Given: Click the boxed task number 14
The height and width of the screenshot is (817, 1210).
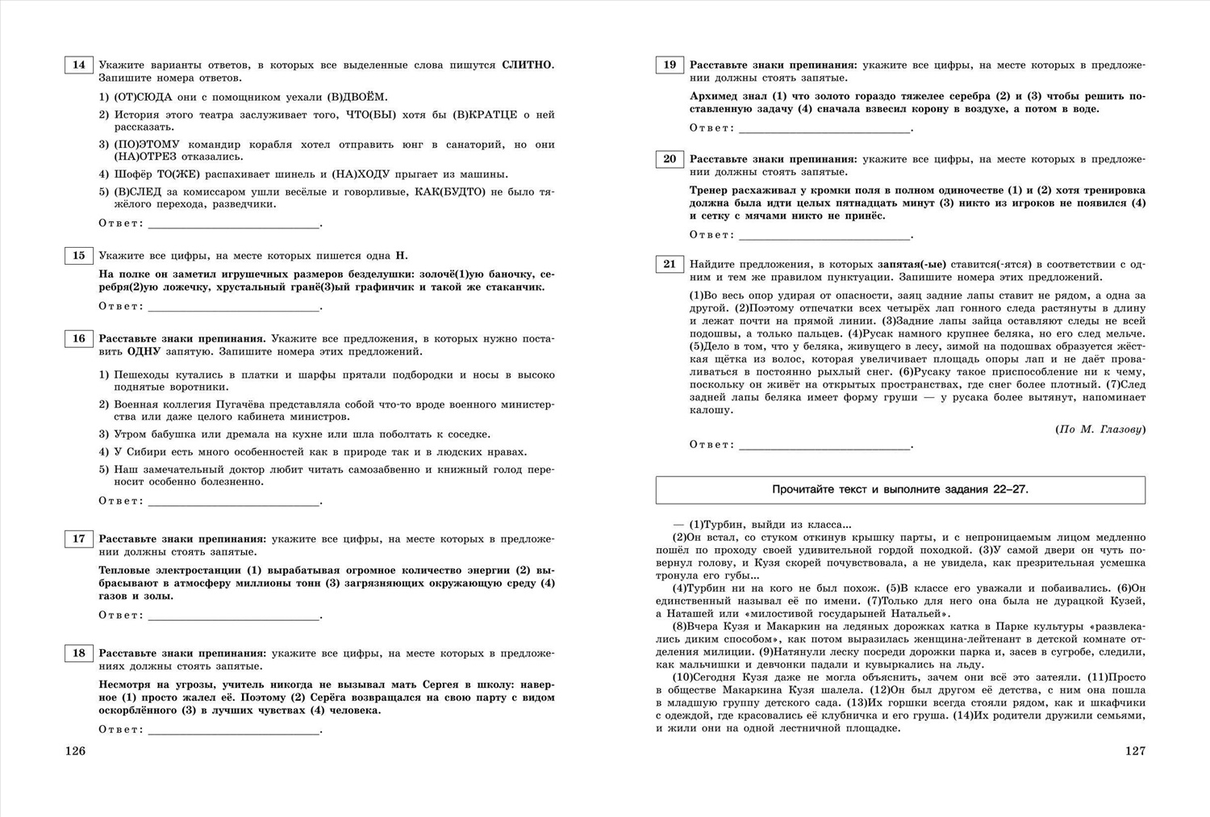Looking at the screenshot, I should [x=78, y=65].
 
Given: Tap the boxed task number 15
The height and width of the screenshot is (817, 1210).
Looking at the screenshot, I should [x=78, y=256].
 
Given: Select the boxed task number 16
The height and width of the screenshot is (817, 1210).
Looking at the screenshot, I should [x=78, y=339].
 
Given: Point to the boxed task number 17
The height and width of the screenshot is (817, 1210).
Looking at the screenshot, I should [x=78, y=538].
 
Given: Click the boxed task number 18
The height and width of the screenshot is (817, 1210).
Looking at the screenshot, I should [x=78, y=653].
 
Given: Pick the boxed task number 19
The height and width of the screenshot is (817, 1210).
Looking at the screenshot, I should [x=670, y=65].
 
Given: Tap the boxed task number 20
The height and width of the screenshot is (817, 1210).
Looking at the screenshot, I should [x=670, y=159].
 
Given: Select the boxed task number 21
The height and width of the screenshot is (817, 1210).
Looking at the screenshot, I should [x=670, y=264].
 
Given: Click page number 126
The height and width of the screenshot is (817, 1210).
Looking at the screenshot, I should [x=75, y=751].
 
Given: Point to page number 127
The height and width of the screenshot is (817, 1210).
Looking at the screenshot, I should [x=1135, y=751].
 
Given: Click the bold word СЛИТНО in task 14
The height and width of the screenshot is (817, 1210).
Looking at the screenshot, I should [x=527, y=65].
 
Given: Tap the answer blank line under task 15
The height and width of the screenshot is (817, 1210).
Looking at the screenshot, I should [x=234, y=308].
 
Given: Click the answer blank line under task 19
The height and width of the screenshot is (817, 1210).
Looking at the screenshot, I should [x=824, y=130].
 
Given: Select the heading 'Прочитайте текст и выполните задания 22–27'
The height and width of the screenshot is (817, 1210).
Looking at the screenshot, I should [x=900, y=489].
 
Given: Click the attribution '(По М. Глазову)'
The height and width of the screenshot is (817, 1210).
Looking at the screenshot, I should [x=1100, y=429].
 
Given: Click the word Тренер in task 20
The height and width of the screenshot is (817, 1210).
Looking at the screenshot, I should [x=711, y=191].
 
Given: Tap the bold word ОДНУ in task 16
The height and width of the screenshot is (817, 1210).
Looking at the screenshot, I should [x=145, y=352].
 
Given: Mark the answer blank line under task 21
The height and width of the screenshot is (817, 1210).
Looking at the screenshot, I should [x=824, y=446].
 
